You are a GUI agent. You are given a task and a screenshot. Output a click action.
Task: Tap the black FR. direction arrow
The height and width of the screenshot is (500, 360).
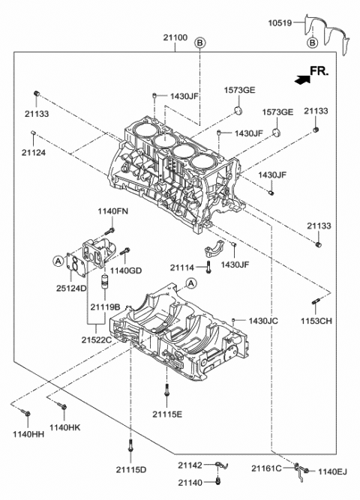tap(300, 76)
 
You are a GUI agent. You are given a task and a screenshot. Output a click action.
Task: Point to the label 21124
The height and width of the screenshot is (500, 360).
tap(33, 152)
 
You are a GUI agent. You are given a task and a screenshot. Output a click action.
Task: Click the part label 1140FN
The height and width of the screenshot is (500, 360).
tap(112, 211)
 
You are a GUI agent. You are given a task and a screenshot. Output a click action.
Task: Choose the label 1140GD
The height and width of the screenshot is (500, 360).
tap(125, 269)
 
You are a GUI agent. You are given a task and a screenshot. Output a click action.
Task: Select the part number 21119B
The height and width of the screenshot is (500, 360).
tap(106, 307)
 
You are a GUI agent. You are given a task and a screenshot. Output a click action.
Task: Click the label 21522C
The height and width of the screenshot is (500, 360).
tap(95, 340)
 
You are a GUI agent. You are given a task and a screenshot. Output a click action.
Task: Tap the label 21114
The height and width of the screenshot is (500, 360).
tap(182, 267)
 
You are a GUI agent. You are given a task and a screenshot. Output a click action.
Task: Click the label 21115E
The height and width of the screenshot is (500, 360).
tap(167, 413)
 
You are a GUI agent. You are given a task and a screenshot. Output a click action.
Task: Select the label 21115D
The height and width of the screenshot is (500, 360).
tap(131, 469)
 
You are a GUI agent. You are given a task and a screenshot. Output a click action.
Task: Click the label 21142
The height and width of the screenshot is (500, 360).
tap(190, 465)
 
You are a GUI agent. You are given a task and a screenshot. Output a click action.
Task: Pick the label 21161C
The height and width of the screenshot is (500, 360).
tap(266, 469)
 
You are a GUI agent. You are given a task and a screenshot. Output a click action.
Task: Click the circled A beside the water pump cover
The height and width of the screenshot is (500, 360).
tap(57, 260)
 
